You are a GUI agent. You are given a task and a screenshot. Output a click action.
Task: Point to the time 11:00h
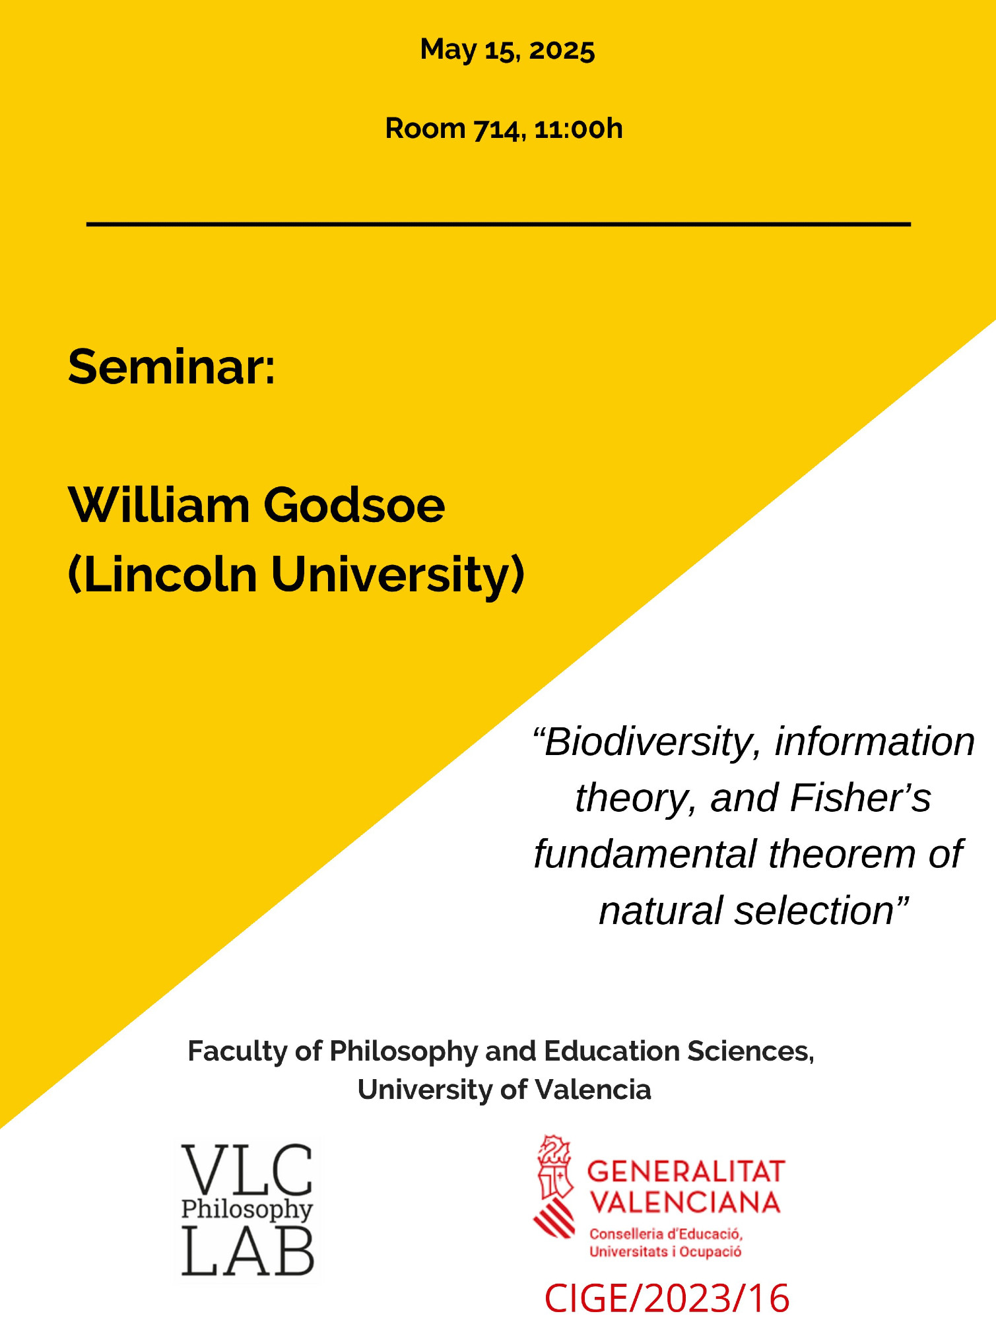click(x=578, y=129)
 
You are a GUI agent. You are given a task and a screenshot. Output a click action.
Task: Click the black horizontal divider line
click(x=498, y=224)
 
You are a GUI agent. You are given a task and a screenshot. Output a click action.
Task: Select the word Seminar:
click(x=172, y=367)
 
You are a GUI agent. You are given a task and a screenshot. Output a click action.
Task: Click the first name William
click(x=159, y=506)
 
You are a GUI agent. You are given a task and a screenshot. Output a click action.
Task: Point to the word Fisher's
click(x=860, y=798)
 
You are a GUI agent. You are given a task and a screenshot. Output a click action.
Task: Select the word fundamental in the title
click(x=645, y=854)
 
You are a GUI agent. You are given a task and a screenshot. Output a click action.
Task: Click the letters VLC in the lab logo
click(x=247, y=1171)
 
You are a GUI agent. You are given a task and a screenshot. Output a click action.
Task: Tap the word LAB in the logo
click(x=248, y=1250)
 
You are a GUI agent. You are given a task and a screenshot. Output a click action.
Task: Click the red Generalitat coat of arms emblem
click(x=554, y=1186)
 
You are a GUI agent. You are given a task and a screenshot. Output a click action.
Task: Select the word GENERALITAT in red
click(x=686, y=1171)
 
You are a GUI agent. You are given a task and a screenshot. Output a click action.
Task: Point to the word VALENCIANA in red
click(x=684, y=1203)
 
